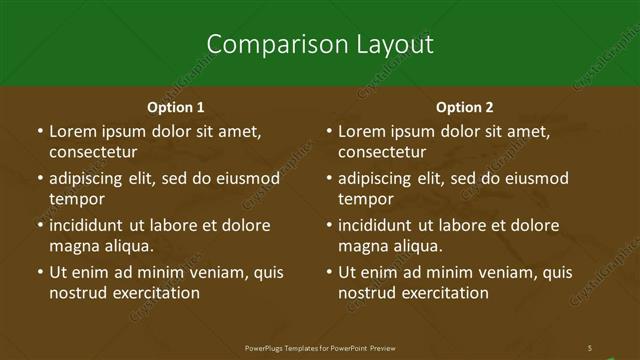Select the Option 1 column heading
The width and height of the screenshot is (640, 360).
pos(176,107)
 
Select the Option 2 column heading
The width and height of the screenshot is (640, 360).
pos(465,107)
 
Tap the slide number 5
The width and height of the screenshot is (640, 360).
pos(590,347)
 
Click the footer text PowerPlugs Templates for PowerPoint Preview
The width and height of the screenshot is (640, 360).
pos(320,347)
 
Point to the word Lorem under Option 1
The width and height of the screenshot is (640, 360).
pos(72,131)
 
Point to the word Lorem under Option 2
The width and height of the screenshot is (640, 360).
pos(361,131)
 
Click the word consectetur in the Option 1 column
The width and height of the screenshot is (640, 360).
pos(92,153)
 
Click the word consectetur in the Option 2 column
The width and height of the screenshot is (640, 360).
pos(381,153)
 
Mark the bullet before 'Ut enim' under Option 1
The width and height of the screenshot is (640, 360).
pos(40,272)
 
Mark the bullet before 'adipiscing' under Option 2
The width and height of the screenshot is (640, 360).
pos(329,179)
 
